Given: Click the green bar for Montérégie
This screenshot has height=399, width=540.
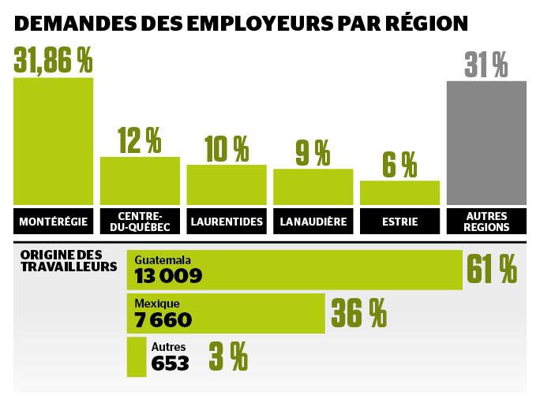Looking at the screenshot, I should coord(53,140).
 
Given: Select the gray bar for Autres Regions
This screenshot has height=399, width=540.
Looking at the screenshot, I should coord(486,143).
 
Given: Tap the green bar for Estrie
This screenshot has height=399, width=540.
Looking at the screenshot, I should coord(399,192).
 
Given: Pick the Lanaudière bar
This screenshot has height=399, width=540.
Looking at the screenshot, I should coord(313,186).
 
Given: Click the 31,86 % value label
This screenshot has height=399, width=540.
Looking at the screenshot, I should coord(54,60).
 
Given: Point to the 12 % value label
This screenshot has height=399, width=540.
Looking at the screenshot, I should coord(139,140).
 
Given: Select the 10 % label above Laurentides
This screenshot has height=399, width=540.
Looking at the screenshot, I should coord(226,148).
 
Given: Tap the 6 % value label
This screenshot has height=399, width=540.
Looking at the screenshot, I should coord(399,164).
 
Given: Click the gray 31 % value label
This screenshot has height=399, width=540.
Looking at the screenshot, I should coord(486,65).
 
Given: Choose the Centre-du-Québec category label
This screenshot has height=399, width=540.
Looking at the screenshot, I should coord(140,222).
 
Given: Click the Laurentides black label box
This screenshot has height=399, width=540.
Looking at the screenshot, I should coord(227,222).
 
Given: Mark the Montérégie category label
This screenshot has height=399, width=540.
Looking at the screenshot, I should coord(53,222).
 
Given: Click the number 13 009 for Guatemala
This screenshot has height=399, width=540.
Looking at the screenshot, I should coord(168,276).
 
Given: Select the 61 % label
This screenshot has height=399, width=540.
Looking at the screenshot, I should coord(491,270).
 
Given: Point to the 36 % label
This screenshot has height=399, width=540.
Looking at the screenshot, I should coord(358,313).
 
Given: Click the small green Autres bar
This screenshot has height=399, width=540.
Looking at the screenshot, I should coord(137,357).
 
